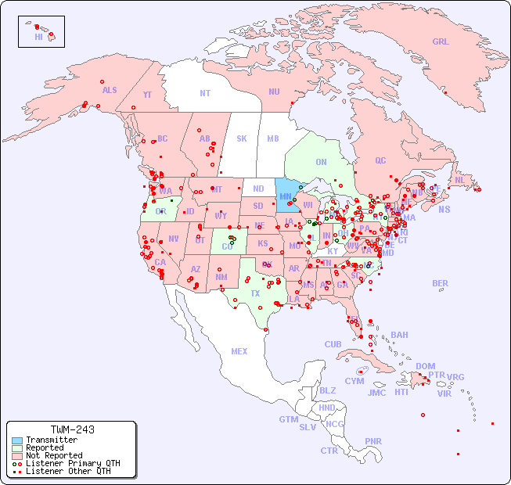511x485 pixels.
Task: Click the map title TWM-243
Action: (x=72, y=430)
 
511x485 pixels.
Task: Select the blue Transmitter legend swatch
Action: (x=16, y=440)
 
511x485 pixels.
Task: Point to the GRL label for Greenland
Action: (x=441, y=42)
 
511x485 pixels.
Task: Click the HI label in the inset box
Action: (x=38, y=37)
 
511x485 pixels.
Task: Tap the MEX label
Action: (x=239, y=351)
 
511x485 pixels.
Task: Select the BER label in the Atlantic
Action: (x=441, y=283)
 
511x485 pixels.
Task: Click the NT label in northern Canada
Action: (x=205, y=92)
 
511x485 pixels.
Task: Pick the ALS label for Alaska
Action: (x=110, y=90)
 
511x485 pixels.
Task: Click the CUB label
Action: (x=333, y=344)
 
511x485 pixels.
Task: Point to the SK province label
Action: (x=242, y=138)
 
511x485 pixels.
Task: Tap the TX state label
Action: (x=255, y=294)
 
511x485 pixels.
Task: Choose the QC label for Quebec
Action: (x=380, y=160)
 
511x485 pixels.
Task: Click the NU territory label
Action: (x=274, y=92)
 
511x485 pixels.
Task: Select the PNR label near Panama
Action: (x=373, y=441)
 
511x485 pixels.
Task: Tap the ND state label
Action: (x=258, y=189)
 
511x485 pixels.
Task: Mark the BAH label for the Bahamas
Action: (x=399, y=335)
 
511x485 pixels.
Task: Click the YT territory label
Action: (x=147, y=95)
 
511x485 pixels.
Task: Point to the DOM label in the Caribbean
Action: (x=425, y=366)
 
